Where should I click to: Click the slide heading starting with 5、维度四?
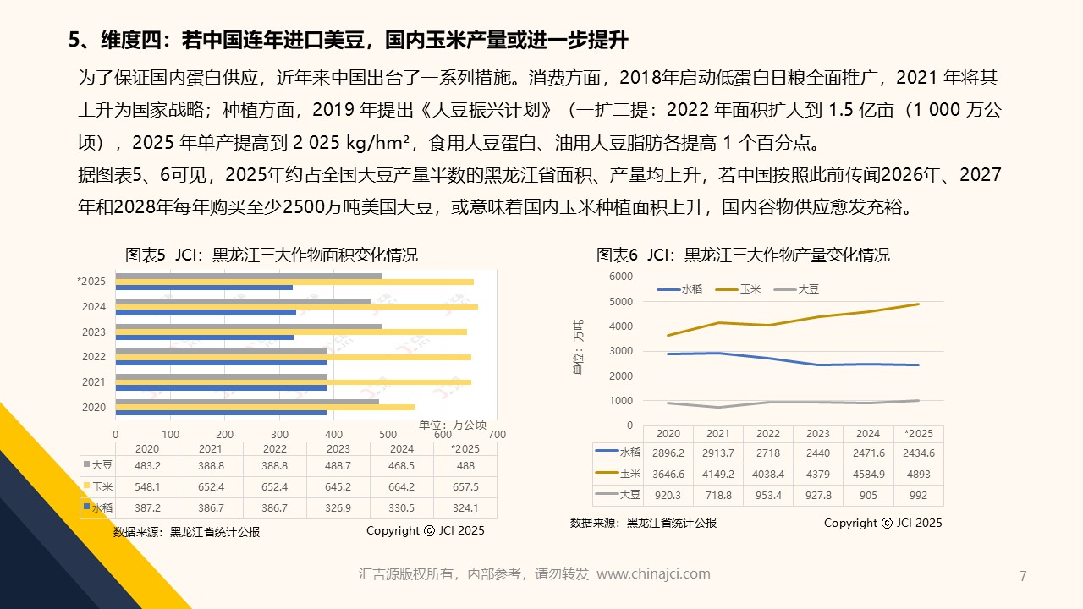348,40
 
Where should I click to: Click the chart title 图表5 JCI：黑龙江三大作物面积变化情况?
271,255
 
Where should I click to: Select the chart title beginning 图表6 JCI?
743,255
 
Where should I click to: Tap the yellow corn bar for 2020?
265,407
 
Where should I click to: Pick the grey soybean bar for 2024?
244,301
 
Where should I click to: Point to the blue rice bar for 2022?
221,362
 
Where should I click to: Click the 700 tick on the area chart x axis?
497,434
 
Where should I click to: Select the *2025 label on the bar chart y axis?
91,282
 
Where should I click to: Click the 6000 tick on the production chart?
620,277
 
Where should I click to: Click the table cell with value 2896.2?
668,453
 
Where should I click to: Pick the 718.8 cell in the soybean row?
718,495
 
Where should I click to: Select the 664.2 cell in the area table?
401,486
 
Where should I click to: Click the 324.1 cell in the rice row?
465,507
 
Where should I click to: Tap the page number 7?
1023,577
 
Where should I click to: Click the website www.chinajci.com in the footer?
653,573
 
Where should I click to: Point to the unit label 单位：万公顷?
453,424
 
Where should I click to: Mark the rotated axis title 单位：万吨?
578,348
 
